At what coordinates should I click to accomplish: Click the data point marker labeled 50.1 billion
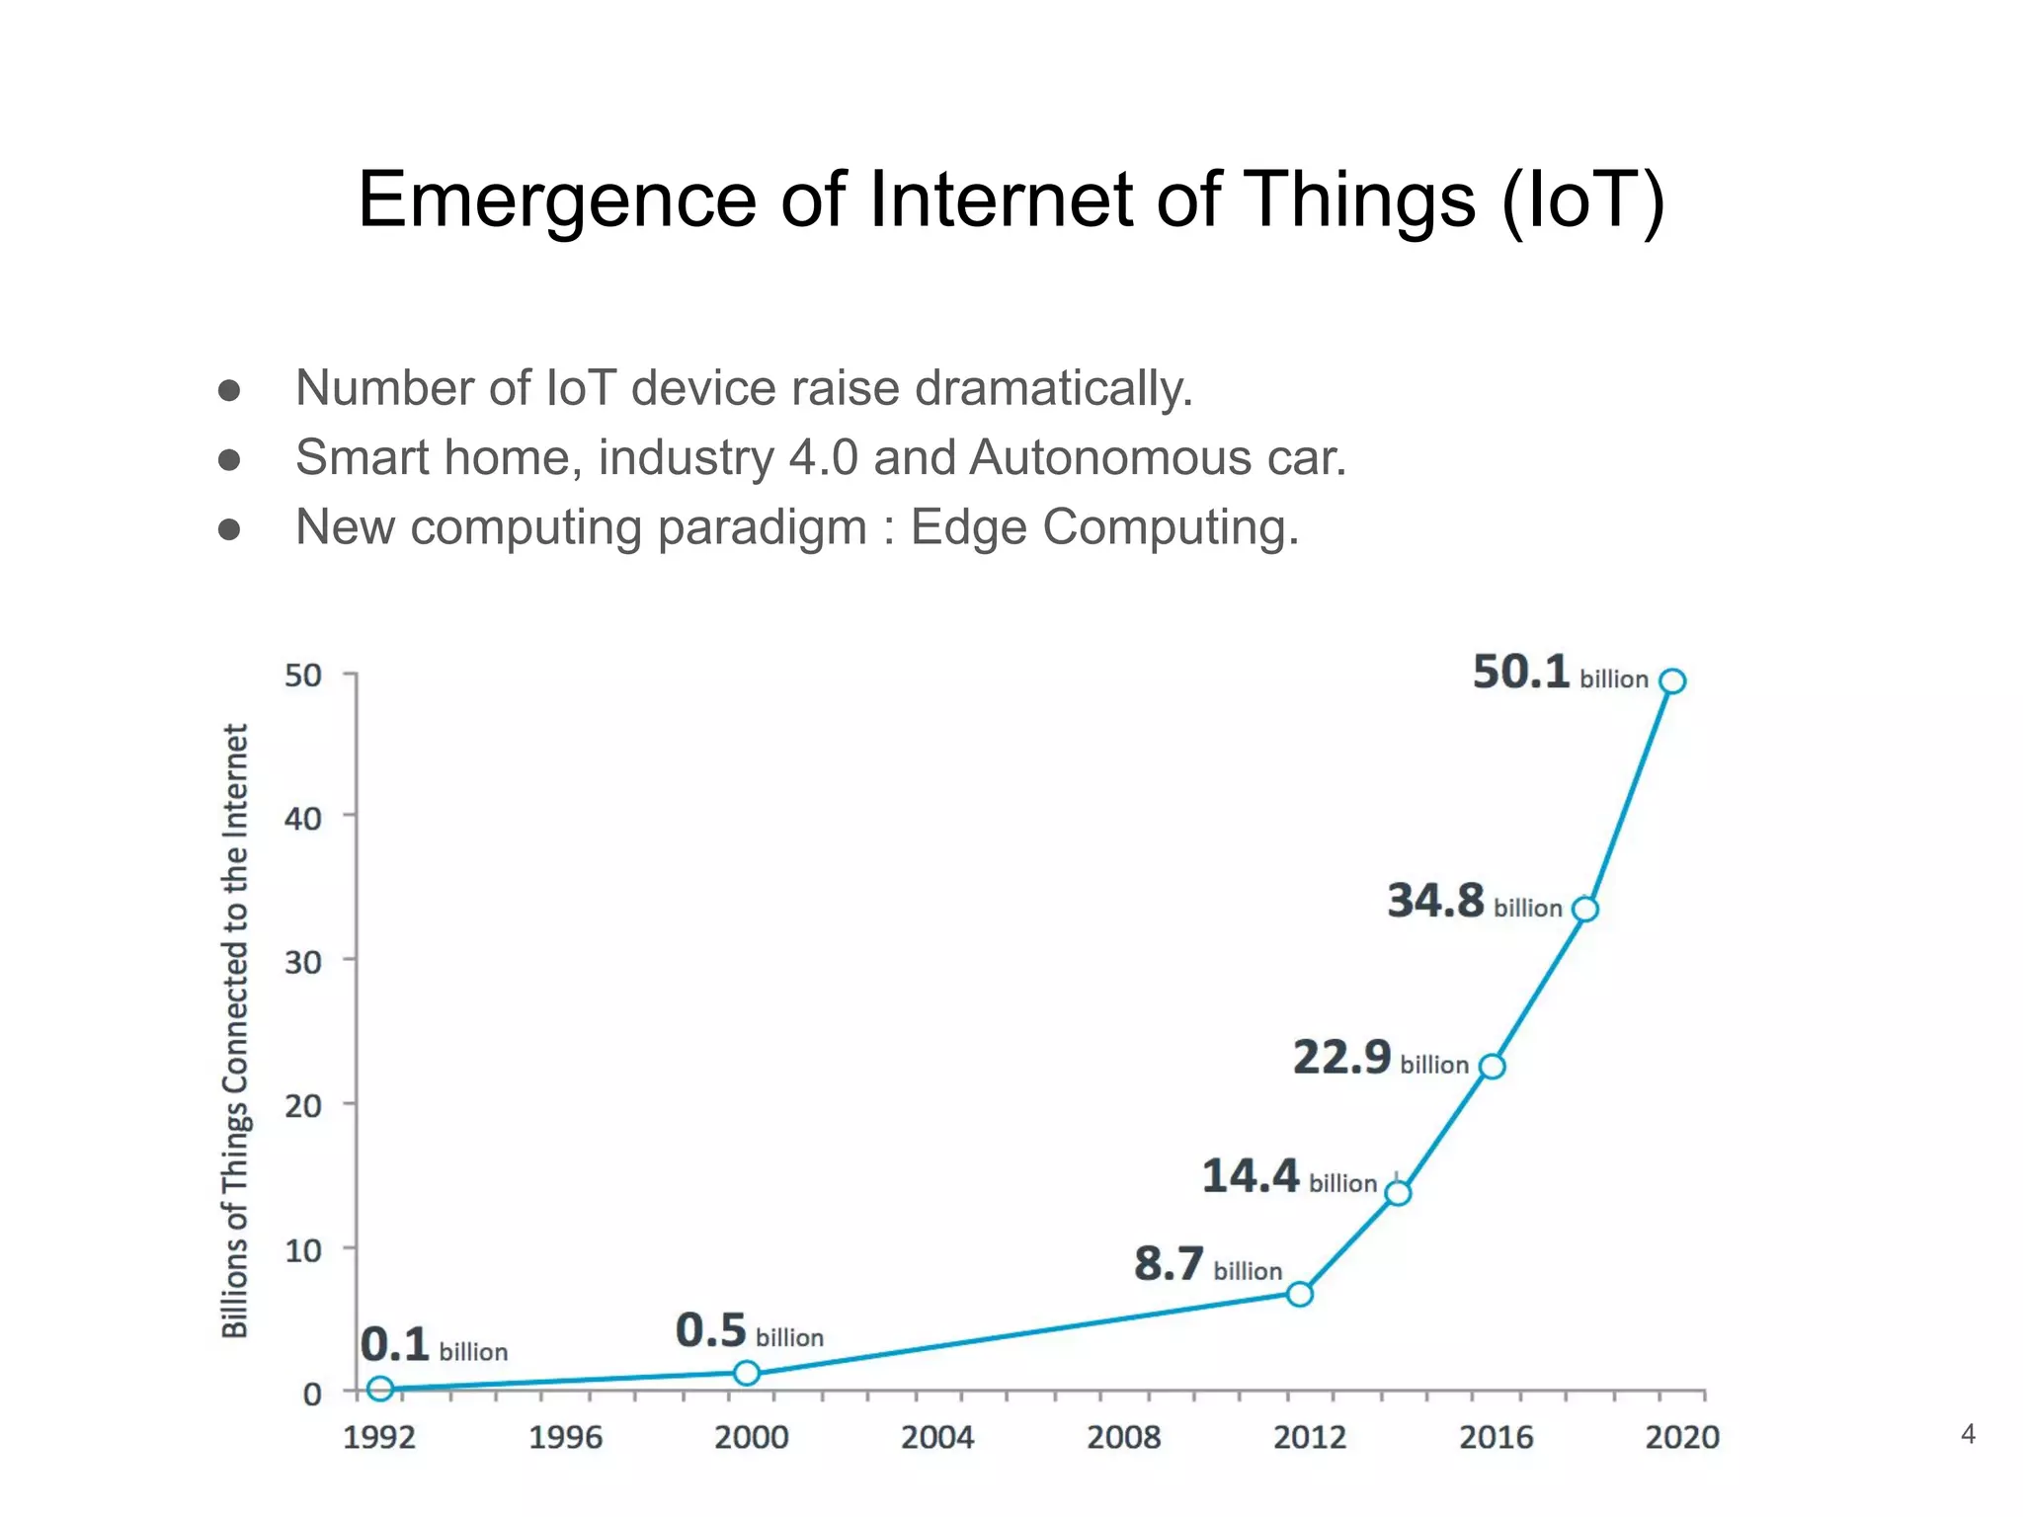(1671, 681)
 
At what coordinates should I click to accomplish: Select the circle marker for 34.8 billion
(1584, 909)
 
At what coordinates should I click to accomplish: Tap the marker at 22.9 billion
(1492, 1066)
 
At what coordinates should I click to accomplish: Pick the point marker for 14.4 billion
(1398, 1193)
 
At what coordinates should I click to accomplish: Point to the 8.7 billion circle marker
(1300, 1294)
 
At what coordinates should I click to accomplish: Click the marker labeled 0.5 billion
(747, 1373)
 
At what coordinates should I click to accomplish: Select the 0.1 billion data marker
(380, 1389)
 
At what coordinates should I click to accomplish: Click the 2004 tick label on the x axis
(936, 1437)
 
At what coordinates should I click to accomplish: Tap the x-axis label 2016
(1496, 1437)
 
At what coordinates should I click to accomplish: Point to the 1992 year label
(378, 1437)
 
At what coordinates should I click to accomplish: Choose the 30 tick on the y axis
(303, 962)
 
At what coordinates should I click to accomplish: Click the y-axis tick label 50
(303, 677)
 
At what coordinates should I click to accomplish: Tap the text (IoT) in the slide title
(1582, 201)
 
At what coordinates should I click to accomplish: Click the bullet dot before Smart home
(229, 460)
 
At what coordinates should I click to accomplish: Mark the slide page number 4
(1968, 1434)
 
